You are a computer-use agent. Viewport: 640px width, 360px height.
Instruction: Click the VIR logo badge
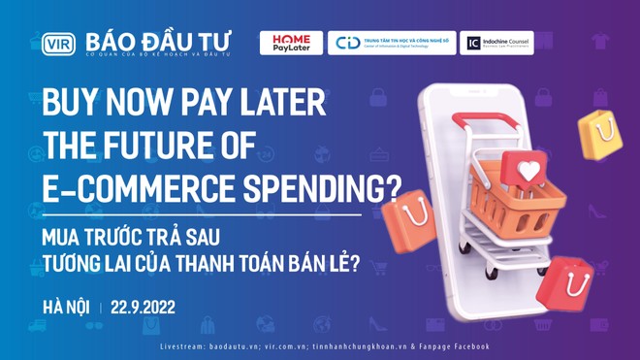[58, 44]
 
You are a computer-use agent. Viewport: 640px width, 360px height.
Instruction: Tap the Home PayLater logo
[290, 43]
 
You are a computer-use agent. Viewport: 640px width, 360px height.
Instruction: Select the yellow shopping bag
[601, 135]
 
